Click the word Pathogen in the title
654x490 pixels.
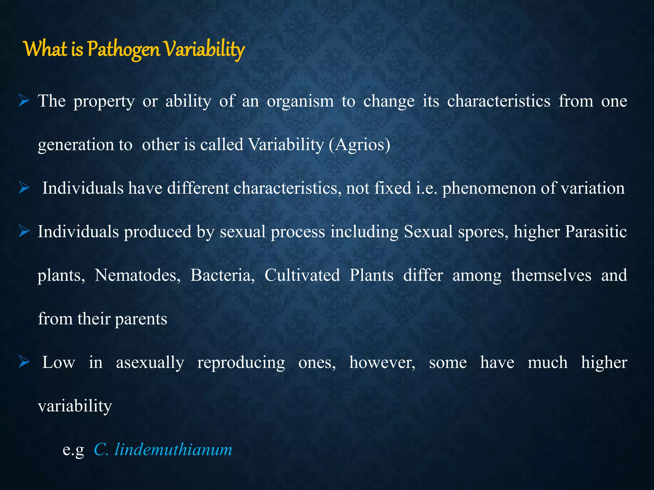(123, 50)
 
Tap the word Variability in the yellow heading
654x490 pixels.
(204, 50)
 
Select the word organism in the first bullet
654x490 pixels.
(300, 101)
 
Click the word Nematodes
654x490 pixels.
(137, 275)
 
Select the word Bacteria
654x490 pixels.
(222, 275)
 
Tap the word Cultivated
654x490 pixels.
(302, 275)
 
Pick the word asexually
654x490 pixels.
(150, 363)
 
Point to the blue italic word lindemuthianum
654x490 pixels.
(173, 449)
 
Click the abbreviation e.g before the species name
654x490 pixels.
(73, 450)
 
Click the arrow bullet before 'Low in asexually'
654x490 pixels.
(24, 362)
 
